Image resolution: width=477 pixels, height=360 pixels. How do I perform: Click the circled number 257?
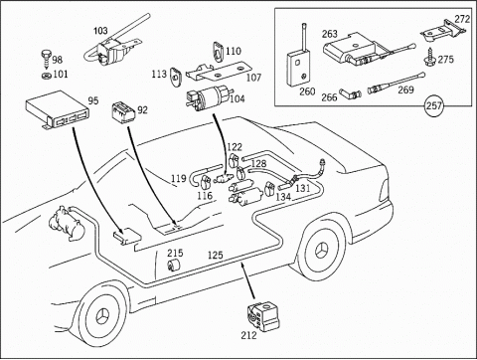click(x=433, y=105)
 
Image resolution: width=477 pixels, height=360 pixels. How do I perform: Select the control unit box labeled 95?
click(x=58, y=109)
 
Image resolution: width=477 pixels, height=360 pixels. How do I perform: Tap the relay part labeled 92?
click(x=123, y=112)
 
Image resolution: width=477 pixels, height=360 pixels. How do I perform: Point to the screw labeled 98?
click(x=46, y=58)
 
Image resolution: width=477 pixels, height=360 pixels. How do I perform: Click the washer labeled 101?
click(x=47, y=76)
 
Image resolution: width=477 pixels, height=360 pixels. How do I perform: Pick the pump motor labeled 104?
click(x=208, y=97)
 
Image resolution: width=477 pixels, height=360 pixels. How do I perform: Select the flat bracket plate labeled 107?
click(x=217, y=72)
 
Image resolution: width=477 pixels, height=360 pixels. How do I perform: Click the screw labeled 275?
click(x=429, y=57)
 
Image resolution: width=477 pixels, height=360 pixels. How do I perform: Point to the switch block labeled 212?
click(x=263, y=316)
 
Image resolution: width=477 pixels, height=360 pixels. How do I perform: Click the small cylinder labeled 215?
click(x=173, y=265)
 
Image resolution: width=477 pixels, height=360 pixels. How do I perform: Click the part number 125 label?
click(x=216, y=256)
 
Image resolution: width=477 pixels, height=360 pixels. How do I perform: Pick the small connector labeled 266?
click(x=350, y=95)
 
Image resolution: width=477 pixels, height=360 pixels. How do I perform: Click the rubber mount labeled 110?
click(x=218, y=52)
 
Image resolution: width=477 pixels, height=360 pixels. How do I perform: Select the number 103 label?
click(x=100, y=31)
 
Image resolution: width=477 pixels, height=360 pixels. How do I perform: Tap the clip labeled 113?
click(x=176, y=77)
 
